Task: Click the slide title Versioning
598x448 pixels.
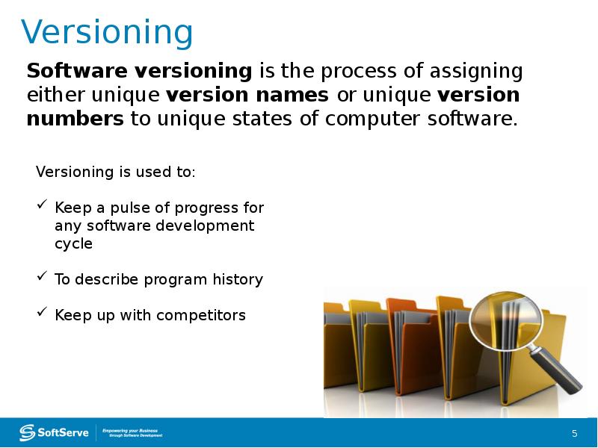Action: (x=107, y=33)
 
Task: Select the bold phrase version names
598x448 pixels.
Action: (x=247, y=96)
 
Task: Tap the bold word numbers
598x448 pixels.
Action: (x=75, y=119)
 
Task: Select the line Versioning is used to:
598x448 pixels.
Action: (x=116, y=172)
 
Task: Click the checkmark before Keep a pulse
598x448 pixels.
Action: (x=43, y=205)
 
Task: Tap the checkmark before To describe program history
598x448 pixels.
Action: (x=43, y=278)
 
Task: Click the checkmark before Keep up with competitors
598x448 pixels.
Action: (x=43, y=314)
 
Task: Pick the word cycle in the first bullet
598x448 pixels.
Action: (x=73, y=244)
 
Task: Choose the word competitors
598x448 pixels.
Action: (x=202, y=316)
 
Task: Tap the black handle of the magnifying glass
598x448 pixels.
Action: (x=561, y=373)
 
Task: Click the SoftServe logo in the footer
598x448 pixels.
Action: (x=55, y=432)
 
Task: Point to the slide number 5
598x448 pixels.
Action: (x=574, y=434)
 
